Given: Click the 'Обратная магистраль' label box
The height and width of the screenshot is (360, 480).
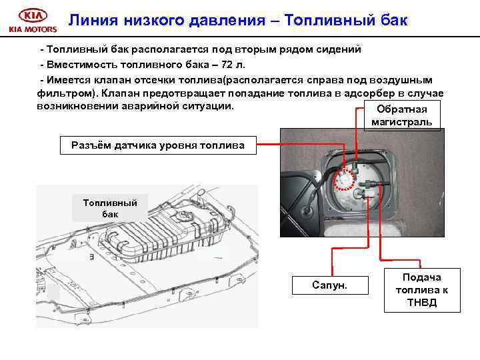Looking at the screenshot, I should (x=402, y=115).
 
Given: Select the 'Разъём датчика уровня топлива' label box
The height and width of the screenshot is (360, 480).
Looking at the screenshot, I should (x=157, y=145).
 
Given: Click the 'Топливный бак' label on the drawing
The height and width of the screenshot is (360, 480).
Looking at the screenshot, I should (x=110, y=207).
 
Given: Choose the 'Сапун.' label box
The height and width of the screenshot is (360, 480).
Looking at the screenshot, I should (x=330, y=285).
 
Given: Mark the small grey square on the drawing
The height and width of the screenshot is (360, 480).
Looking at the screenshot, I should (x=53, y=291).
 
